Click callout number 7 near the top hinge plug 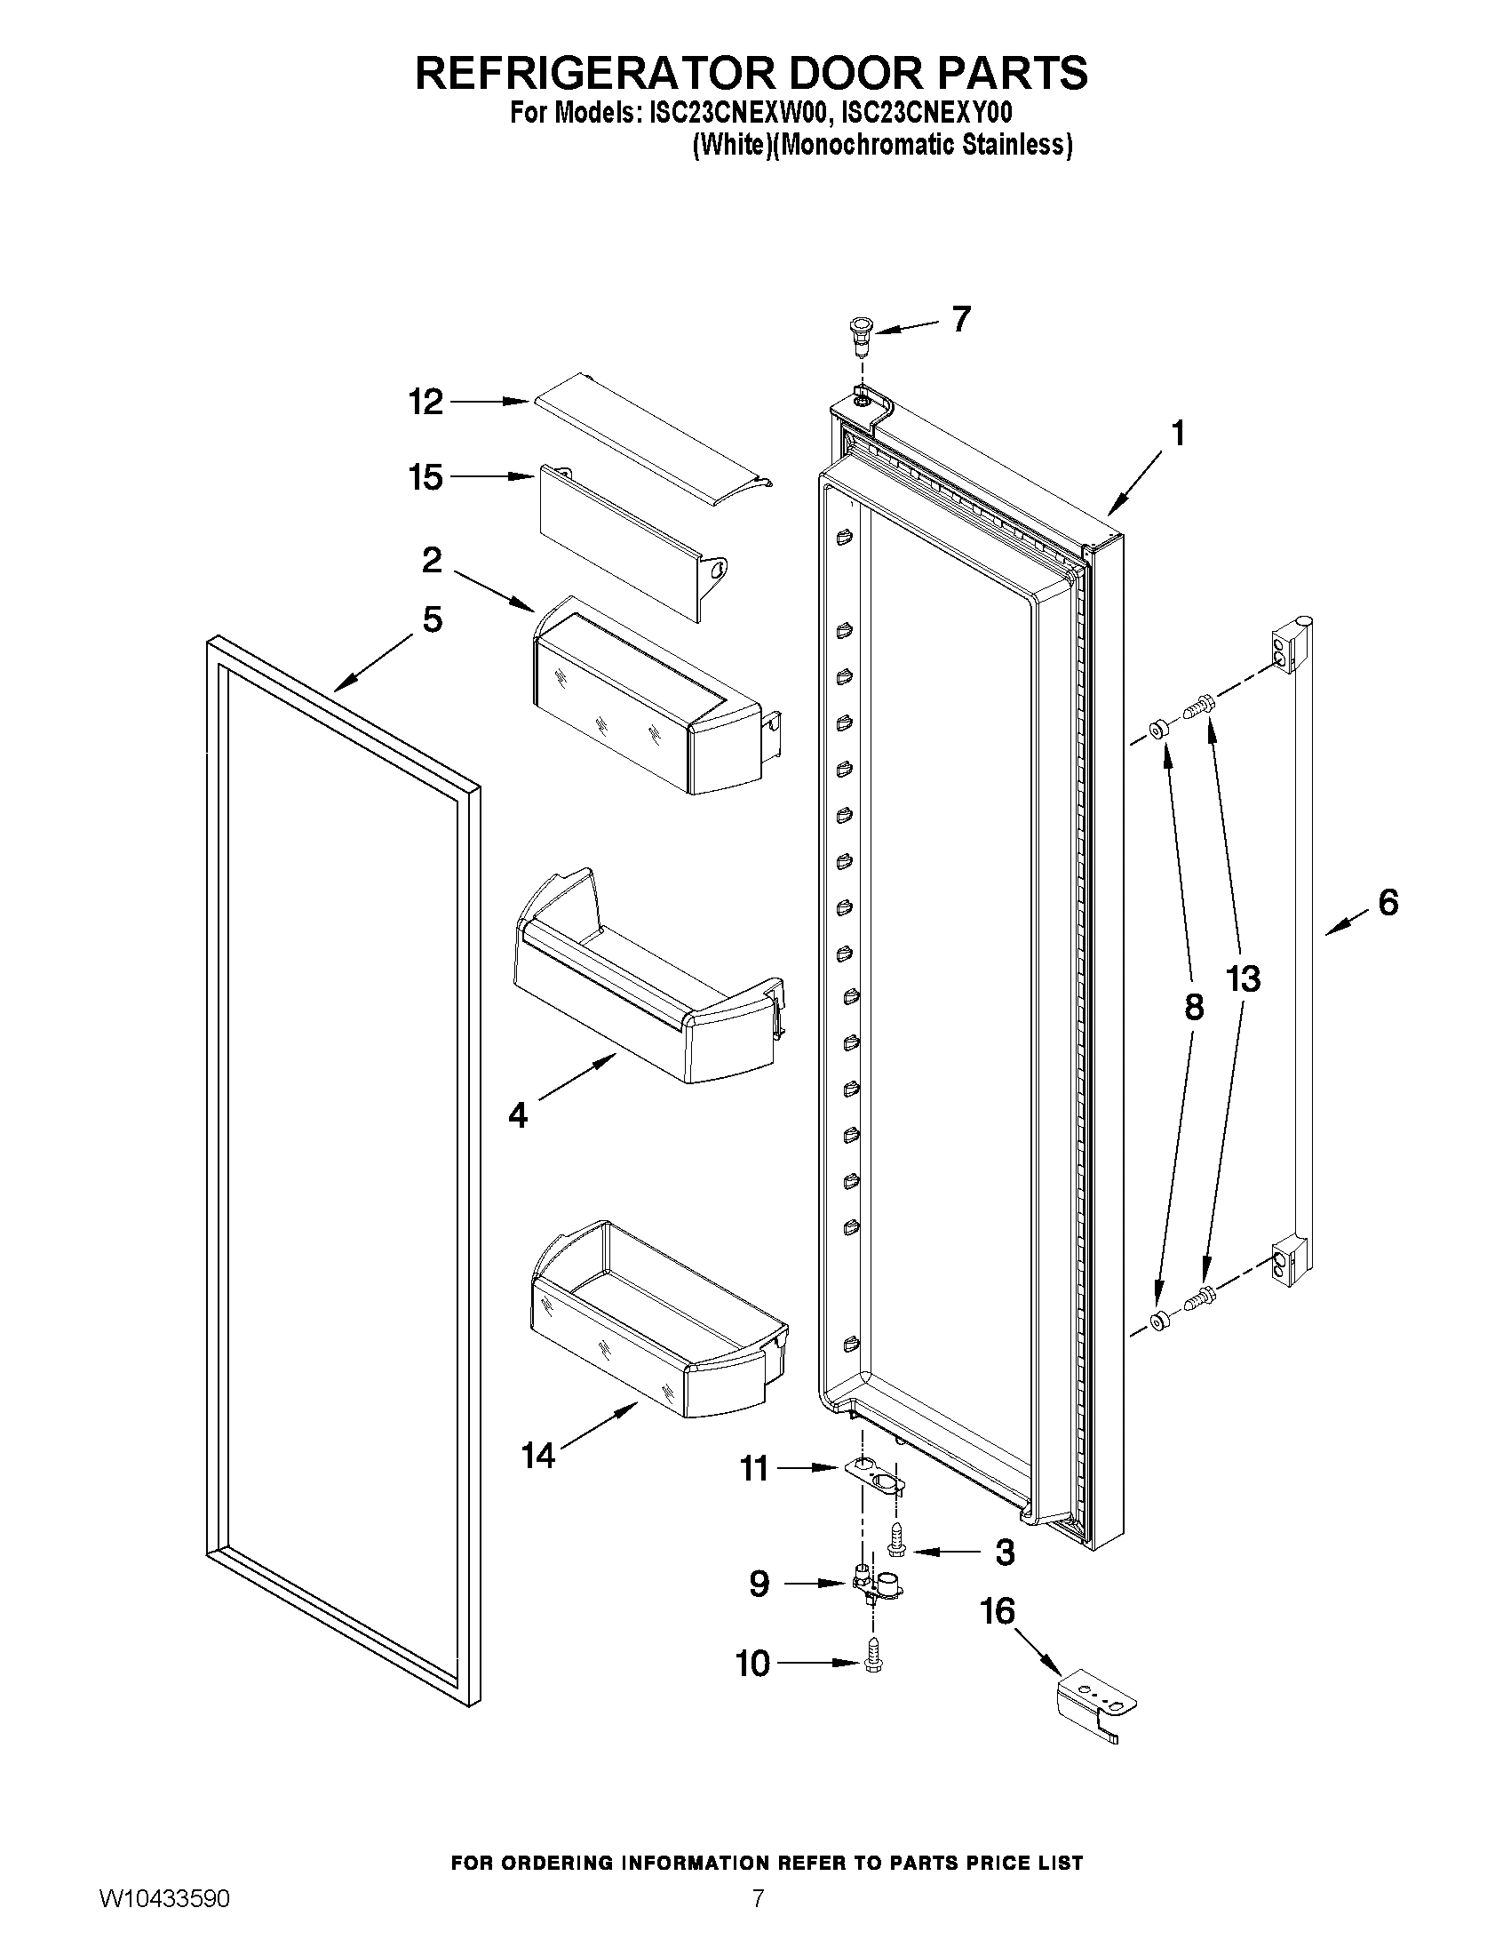click(x=961, y=319)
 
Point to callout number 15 click(x=426, y=477)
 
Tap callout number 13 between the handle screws click(x=1243, y=979)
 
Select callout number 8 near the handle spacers click(x=1193, y=1009)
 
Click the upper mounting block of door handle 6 click(x=1286, y=650)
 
